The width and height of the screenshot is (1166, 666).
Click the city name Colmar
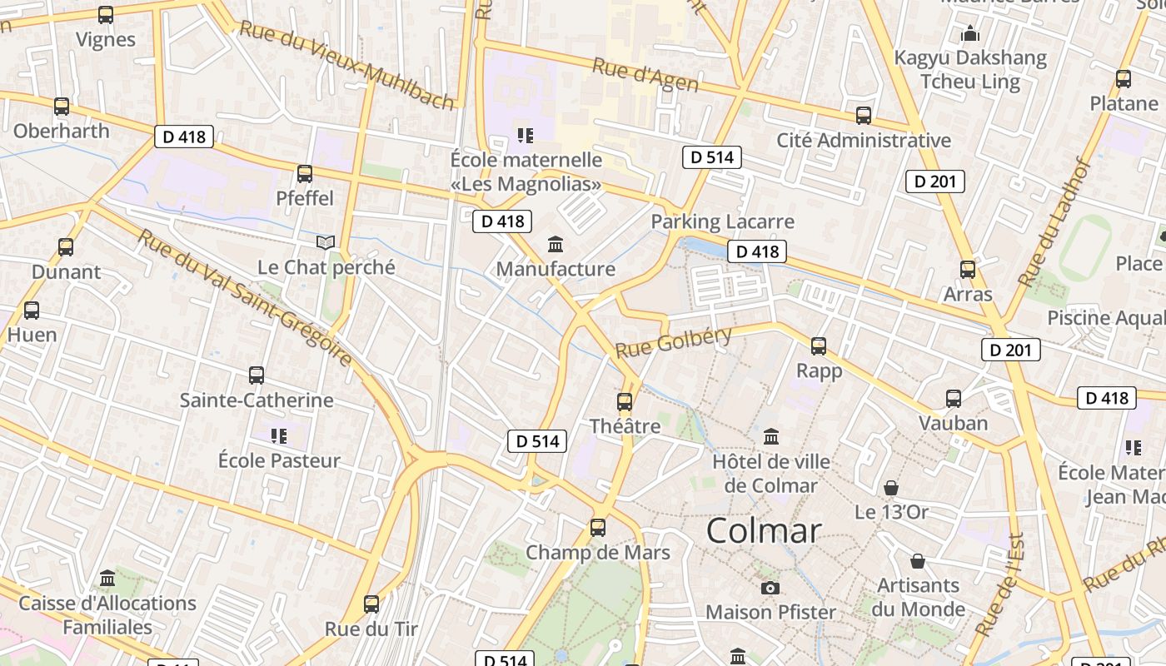(x=764, y=531)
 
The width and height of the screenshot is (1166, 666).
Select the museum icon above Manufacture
(x=556, y=244)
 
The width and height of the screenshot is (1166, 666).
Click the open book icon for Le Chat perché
(x=326, y=242)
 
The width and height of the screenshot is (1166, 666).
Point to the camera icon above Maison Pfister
(x=770, y=589)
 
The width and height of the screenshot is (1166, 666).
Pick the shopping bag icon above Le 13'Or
(x=891, y=487)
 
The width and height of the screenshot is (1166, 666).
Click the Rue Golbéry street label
(x=674, y=342)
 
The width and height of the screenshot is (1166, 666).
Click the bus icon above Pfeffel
(x=305, y=174)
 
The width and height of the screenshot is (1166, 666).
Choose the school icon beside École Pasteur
(x=279, y=435)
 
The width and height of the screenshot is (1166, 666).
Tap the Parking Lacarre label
(x=722, y=221)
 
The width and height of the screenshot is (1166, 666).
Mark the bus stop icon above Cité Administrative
(x=864, y=116)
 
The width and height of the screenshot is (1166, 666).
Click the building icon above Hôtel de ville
(x=771, y=436)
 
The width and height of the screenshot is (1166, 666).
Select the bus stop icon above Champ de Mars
(x=598, y=528)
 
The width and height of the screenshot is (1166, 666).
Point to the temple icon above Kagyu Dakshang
(x=970, y=34)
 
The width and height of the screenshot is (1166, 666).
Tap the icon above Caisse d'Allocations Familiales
(x=107, y=578)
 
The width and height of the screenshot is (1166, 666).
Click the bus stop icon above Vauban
(x=954, y=399)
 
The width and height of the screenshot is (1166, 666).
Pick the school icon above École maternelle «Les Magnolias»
(x=525, y=134)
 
